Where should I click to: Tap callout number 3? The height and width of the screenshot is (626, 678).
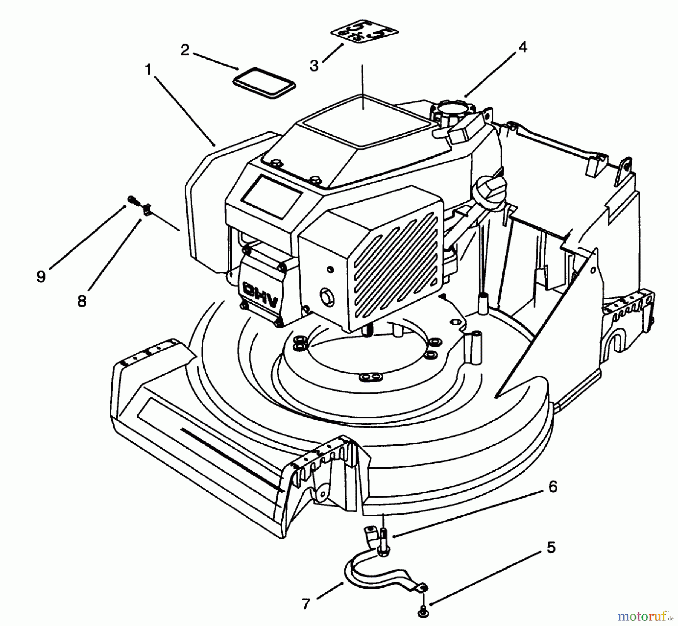pos(314,66)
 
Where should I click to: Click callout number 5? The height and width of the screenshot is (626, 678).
pos(551,548)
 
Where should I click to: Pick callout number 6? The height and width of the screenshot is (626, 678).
pos(552,487)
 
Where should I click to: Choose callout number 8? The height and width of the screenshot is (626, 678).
pos(82,301)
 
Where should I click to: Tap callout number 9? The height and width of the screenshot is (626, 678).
pos(41,277)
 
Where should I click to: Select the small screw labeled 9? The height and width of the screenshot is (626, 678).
pos(132,198)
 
